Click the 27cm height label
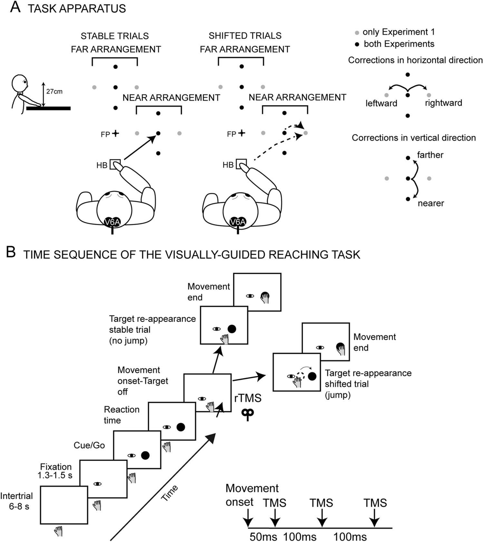pyautogui.click(x=54, y=91)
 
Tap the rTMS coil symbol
pyautogui.click(x=247, y=414)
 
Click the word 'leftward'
pyautogui.click(x=381, y=103)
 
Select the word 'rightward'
pyautogui.click(x=443, y=103)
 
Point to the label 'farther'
pyautogui.click(x=430, y=155)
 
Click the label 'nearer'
pyautogui.click(x=431, y=203)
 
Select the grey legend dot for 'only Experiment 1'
pyautogui.click(x=357, y=33)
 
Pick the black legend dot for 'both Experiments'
pyautogui.click(x=357, y=44)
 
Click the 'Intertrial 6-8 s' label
pyautogui.click(x=17, y=501)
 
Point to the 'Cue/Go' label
pyautogui.click(x=89, y=445)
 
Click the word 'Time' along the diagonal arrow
pyautogui.click(x=169, y=493)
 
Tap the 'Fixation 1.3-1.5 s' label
pyautogui.click(x=56, y=471)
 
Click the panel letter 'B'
pyautogui.click(x=11, y=253)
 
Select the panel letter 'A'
pyautogui.click(x=15, y=7)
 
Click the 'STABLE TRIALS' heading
pyautogui.click(x=115, y=36)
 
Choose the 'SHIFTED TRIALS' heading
pyautogui.click(x=245, y=36)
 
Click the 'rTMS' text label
pyautogui.click(x=247, y=398)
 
